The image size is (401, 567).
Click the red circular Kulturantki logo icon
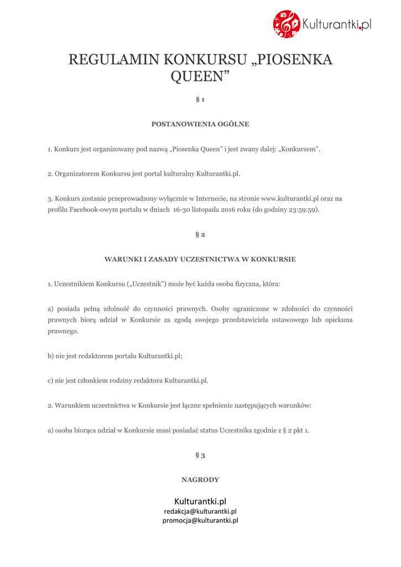[x=287, y=24]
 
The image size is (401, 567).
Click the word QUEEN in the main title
[x=200, y=76]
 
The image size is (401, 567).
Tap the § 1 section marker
[x=200, y=100]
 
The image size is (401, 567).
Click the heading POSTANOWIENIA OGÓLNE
[x=200, y=124]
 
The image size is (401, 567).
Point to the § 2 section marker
[x=200, y=235]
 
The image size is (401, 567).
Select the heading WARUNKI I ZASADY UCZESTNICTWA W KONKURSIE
[x=200, y=259]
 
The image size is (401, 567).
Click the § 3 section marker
[x=200, y=455]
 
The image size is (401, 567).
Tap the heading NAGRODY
[x=200, y=480]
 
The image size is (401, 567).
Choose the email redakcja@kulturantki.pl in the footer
[x=200, y=512]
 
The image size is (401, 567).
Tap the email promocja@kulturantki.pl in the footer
[x=200, y=520]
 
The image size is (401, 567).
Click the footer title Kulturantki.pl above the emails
[x=200, y=501]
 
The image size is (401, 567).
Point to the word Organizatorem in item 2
[x=77, y=174]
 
